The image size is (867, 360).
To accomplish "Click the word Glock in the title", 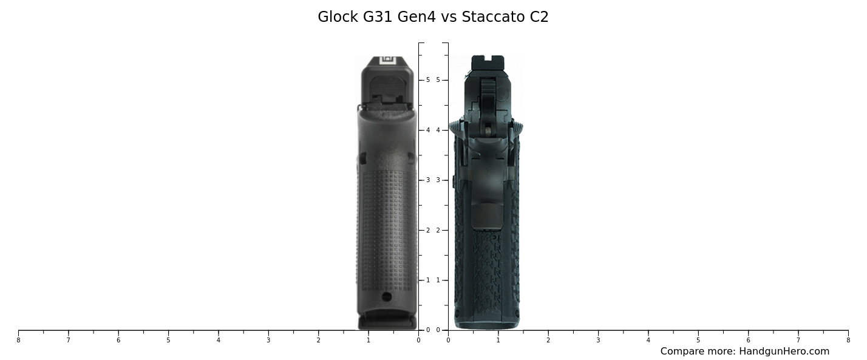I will (338, 17).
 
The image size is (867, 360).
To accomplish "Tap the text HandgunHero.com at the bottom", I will (784, 352).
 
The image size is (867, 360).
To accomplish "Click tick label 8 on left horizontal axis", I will (18, 340).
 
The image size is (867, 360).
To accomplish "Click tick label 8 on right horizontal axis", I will (848, 340).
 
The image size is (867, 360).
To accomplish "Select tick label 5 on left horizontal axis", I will (168, 340).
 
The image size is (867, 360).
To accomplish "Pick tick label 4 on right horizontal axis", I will (648, 340).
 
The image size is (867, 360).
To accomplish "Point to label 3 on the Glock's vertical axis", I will (427, 180).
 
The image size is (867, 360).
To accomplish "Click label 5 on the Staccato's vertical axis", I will (438, 80).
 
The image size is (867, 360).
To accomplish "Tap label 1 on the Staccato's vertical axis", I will (438, 280).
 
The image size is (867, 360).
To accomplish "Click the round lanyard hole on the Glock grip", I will (387, 296).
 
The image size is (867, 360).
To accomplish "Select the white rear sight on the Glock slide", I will (387, 59).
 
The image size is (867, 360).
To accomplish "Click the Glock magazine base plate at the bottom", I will (387, 322).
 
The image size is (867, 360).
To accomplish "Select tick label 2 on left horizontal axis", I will (318, 340).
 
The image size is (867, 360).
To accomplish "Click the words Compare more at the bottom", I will (698, 352).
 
